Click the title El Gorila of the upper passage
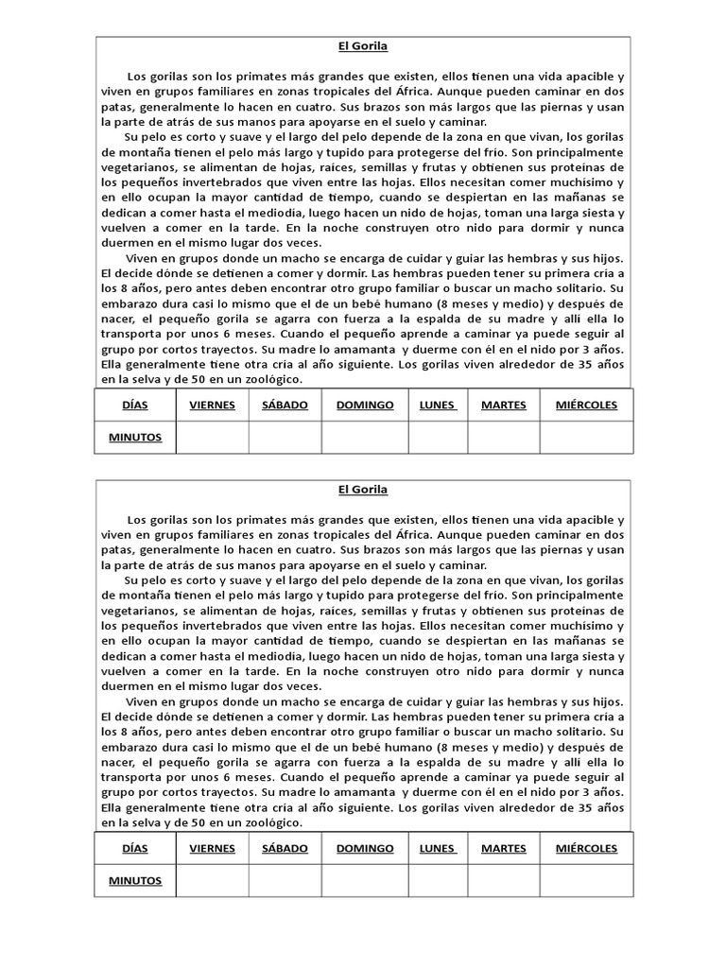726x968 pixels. (363, 45)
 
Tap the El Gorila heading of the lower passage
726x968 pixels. (363, 490)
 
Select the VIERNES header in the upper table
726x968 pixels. (212, 405)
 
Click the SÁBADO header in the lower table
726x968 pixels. (285, 848)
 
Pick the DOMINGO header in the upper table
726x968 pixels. (365, 405)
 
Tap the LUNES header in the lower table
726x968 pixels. (438, 848)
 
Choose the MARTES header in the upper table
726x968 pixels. (503, 405)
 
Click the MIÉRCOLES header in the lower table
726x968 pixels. (586, 848)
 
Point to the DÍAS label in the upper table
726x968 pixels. (135, 405)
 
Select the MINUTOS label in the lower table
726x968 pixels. (135, 880)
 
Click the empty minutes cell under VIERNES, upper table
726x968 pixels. (212, 437)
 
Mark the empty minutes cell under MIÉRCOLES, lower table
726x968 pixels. (586, 880)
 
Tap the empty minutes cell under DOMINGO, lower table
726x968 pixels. (365, 880)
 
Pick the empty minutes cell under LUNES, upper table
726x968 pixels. (438, 437)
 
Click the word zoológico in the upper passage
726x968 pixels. (269, 380)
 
